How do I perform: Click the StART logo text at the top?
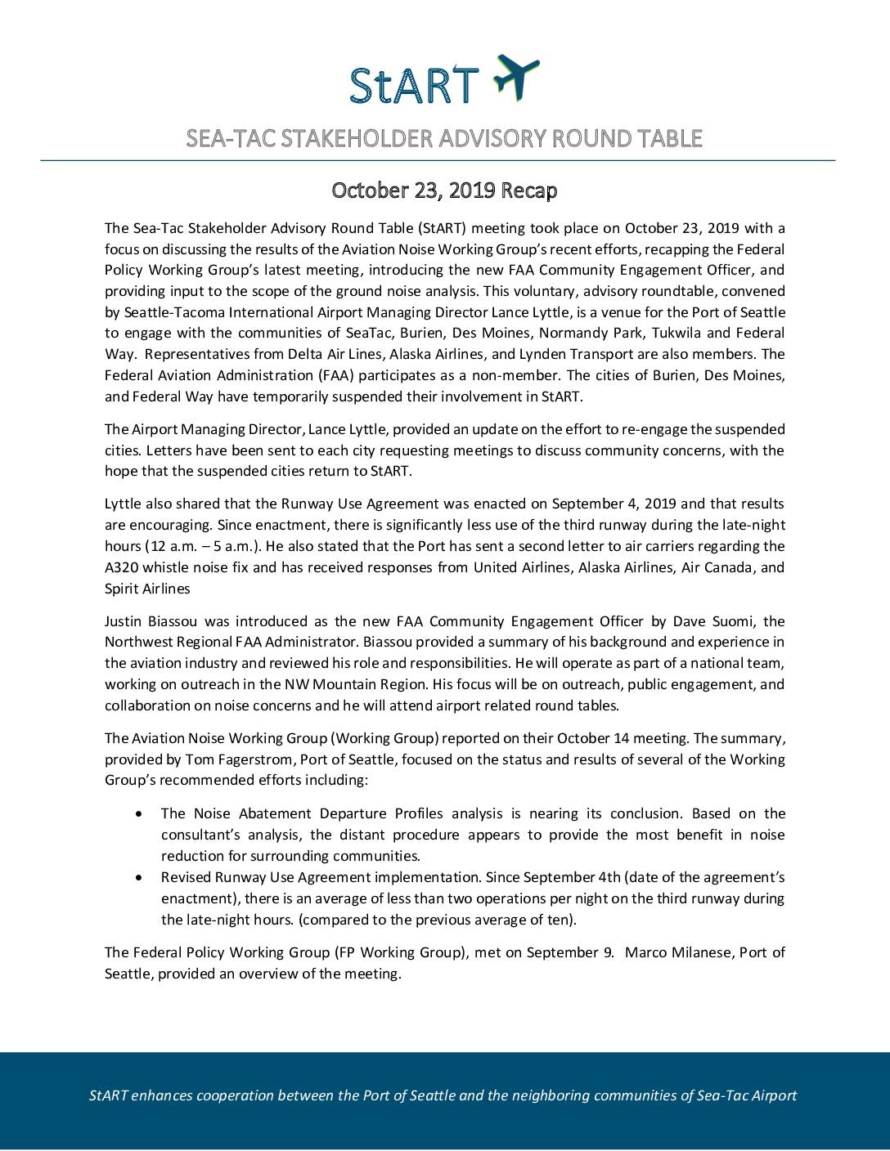coord(414,84)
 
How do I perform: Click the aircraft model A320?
coord(122,567)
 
